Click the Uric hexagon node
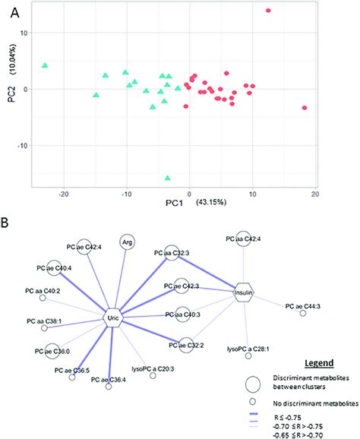[x=113, y=320]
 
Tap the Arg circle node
[x=127, y=242]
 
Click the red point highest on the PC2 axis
[x=268, y=11]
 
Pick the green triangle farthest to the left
[x=45, y=66]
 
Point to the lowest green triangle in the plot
[x=167, y=178]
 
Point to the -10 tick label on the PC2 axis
[x=21, y=146]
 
